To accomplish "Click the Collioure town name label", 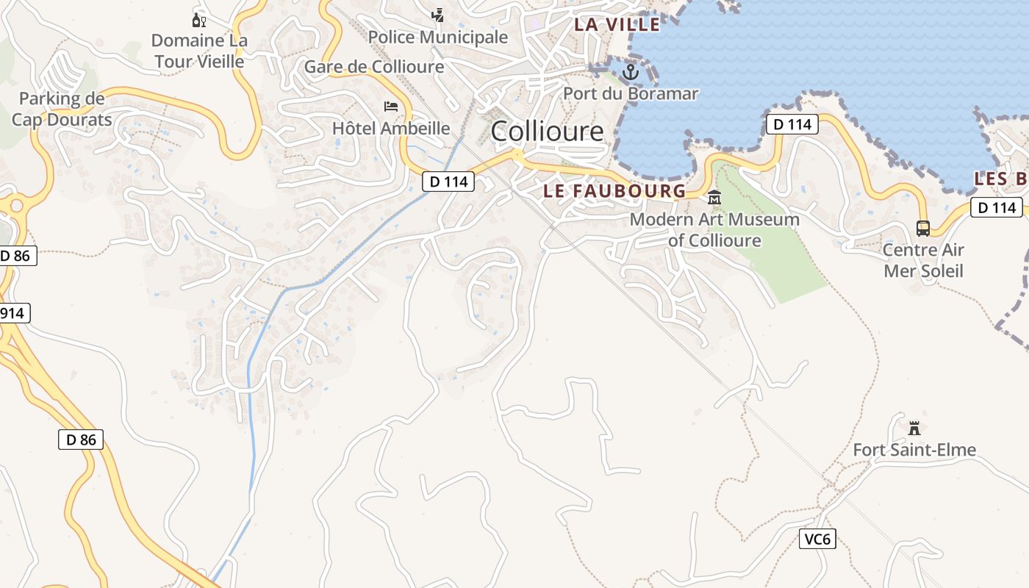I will [547, 132].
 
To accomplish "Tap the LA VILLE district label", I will [617, 24].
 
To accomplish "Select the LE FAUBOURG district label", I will [614, 191].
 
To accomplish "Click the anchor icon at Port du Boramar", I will [630, 72].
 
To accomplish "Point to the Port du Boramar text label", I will [631, 93].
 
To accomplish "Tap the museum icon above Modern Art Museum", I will [714, 198].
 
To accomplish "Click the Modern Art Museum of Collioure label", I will [714, 229].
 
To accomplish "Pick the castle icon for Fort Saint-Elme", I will [914, 428].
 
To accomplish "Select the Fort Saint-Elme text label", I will [914, 450].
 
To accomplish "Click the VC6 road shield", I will [817, 539].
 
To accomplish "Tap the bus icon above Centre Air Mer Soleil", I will [923, 229].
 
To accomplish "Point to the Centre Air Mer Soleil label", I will [923, 260].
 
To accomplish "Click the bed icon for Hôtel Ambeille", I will [391, 107].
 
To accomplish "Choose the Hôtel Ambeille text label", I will [391, 128].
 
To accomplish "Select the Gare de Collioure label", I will [374, 67].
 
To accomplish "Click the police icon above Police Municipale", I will [438, 15].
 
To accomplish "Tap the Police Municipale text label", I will [438, 37].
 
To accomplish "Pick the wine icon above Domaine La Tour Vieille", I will [198, 20].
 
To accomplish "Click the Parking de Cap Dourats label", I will [62, 109].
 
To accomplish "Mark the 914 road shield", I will [12, 313].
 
